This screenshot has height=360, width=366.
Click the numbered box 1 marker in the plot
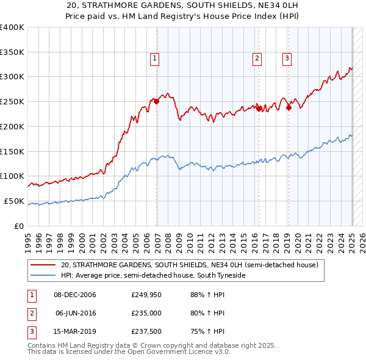(x=154, y=59)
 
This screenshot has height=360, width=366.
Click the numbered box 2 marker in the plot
(x=257, y=59)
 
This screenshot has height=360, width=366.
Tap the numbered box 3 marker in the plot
(x=287, y=59)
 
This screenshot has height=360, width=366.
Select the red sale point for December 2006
(x=157, y=101)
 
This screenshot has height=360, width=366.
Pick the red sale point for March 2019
(x=289, y=107)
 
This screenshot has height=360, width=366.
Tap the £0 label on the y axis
(x=19, y=226)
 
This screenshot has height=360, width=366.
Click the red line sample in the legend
(x=43, y=265)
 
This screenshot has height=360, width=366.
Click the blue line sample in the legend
(x=43, y=276)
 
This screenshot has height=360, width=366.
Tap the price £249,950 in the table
(x=146, y=295)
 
